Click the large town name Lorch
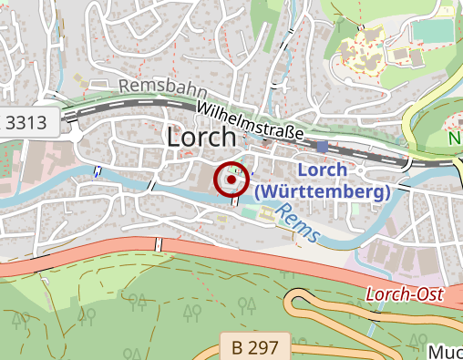tap(201, 138)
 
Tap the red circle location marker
tap(231, 180)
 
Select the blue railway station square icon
tap(323, 147)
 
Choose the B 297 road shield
tap(254, 345)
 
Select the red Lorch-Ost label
tap(402, 295)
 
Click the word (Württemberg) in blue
tap(323, 191)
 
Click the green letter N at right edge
tap(455, 139)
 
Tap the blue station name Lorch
tap(322, 170)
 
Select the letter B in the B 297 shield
tap(238, 345)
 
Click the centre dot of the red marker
tap(231, 180)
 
